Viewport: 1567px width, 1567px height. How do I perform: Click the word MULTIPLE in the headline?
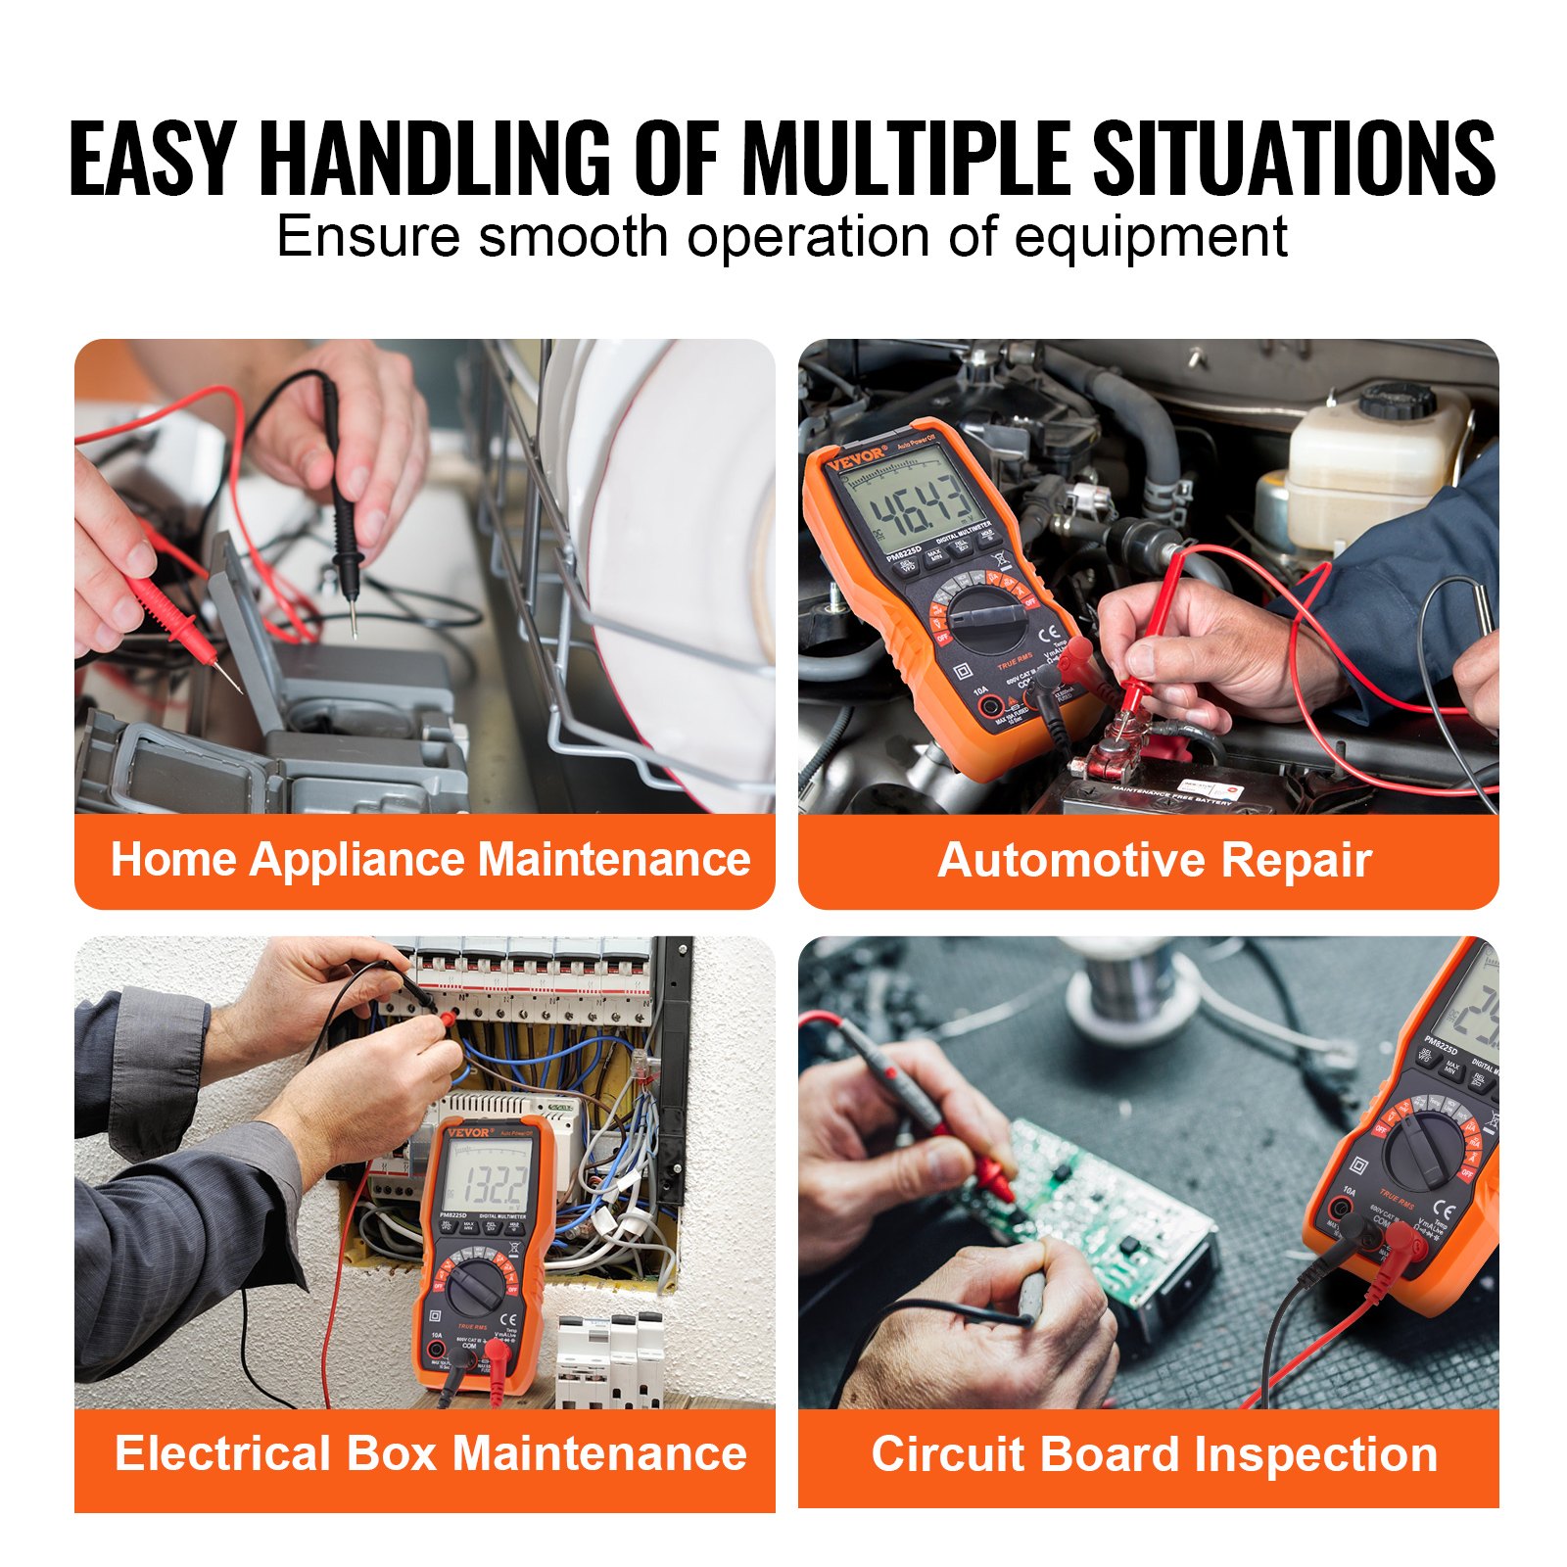[x=906, y=159]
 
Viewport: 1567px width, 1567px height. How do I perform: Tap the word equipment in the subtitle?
[x=1150, y=237]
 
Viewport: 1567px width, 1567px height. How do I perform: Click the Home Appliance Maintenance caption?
[x=430, y=860]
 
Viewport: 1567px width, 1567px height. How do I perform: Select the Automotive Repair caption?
[x=1154, y=861]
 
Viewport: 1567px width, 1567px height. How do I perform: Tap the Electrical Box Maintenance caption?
[x=430, y=1452]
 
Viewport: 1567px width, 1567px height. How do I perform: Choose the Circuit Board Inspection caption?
[x=1154, y=1454]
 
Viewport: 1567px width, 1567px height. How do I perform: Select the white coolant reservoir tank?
[x=1371, y=470]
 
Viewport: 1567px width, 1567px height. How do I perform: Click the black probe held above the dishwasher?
[x=343, y=509]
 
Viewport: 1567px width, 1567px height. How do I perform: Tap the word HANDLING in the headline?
[x=436, y=159]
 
